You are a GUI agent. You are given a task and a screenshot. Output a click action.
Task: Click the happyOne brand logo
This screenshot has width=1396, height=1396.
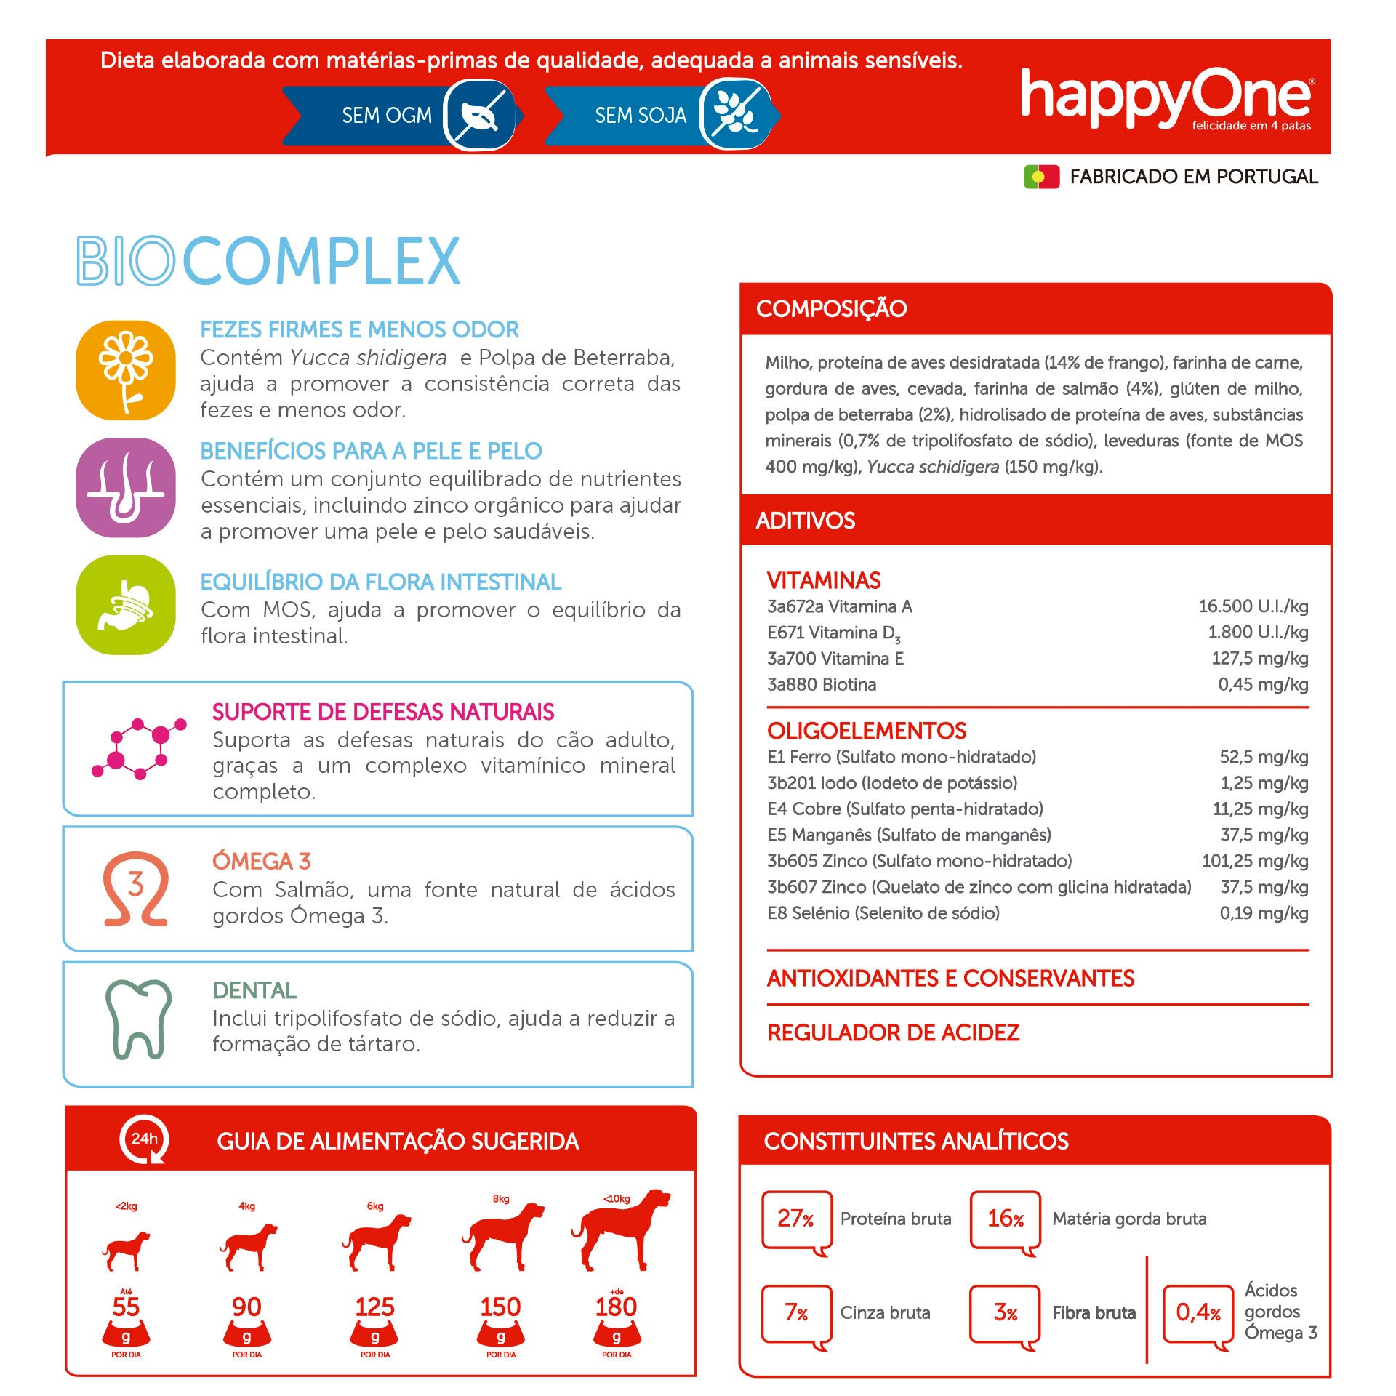tap(1166, 99)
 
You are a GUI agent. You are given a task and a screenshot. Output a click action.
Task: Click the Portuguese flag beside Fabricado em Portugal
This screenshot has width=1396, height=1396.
tap(1041, 177)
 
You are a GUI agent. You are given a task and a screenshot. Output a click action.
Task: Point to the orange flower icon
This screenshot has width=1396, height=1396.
tap(126, 370)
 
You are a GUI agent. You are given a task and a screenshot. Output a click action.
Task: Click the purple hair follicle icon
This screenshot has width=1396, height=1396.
tap(126, 488)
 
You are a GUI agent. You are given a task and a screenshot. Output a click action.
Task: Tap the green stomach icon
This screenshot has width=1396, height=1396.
tap(126, 605)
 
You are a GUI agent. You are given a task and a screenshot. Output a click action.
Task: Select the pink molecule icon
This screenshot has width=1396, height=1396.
tap(138, 748)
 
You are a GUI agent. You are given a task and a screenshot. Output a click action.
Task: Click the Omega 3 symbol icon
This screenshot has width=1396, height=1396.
tap(136, 888)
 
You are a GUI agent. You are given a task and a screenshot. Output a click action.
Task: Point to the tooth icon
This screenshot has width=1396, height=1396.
tap(138, 1019)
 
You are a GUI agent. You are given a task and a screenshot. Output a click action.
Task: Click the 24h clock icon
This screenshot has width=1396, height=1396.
tap(144, 1139)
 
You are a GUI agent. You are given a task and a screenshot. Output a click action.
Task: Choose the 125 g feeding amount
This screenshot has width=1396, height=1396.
tap(374, 1307)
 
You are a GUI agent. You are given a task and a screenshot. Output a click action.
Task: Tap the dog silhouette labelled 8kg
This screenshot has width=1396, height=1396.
tap(502, 1236)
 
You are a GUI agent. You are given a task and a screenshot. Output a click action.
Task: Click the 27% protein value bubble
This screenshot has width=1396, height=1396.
tap(795, 1219)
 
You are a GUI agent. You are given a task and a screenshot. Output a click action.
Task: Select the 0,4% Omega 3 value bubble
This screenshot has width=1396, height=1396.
tap(1198, 1312)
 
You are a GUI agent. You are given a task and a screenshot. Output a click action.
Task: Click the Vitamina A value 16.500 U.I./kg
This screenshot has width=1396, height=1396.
tap(1253, 606)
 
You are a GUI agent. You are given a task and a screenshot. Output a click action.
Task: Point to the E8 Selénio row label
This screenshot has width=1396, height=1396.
tap(883, 913)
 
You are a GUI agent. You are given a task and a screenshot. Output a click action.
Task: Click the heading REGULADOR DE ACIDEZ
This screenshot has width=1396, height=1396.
tap(893, 1032)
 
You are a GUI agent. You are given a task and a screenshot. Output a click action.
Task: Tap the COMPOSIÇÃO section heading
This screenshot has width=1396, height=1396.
tap(831, 308)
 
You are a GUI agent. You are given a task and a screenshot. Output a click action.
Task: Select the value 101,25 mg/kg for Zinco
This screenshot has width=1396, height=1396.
tap(1254, 861)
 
